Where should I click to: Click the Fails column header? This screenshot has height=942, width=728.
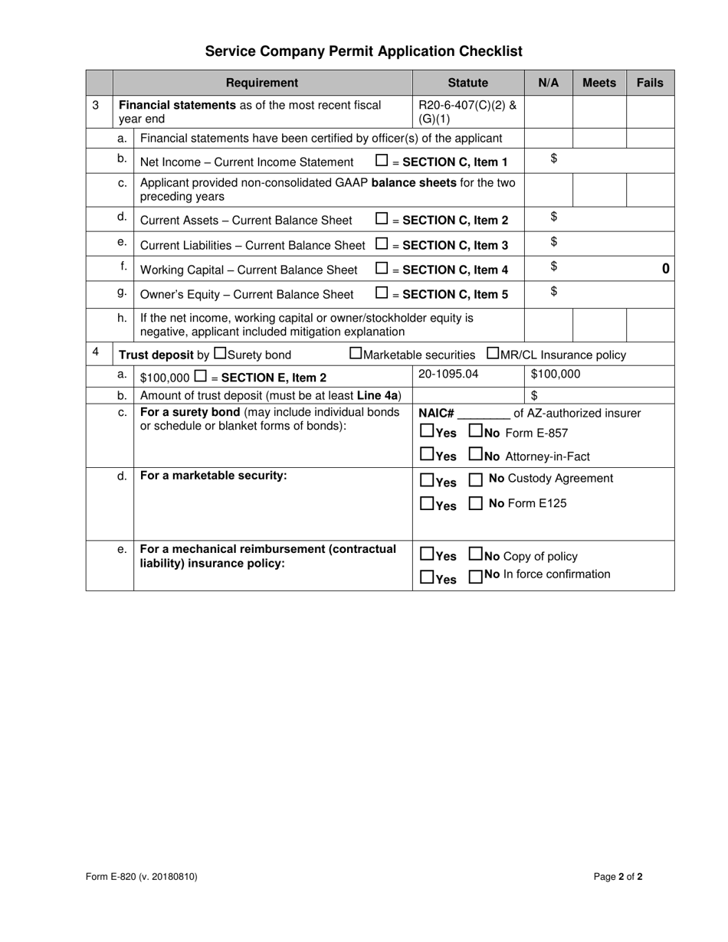point(650,83)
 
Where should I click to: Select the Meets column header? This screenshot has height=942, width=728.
point(598,83)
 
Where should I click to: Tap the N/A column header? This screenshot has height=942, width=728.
point(548,83)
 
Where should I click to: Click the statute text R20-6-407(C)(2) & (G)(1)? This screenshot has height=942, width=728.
point(467,112)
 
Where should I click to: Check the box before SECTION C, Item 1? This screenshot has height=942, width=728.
point(382,161)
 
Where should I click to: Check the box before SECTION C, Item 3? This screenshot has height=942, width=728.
point(382,244)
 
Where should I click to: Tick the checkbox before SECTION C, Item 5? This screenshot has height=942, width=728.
point(382,293)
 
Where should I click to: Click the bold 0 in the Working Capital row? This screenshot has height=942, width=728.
point(665,268)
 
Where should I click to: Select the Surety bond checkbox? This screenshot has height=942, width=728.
point(220,354)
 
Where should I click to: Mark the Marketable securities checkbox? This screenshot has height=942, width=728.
point(356,354)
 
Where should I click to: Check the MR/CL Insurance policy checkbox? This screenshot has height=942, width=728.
point(493,354)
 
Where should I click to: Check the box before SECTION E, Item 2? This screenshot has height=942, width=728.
point(200,376)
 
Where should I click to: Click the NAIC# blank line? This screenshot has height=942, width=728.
point(483,414)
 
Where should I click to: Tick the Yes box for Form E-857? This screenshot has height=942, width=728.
point(427,432)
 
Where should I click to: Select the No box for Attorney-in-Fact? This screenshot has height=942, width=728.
point(475,455)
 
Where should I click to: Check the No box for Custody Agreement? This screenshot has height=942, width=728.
point(475,480)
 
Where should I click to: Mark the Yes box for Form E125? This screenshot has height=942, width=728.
point(427,504)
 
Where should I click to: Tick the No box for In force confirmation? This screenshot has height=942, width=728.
point(475,577)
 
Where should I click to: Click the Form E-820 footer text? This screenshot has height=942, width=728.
point(142,877)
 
